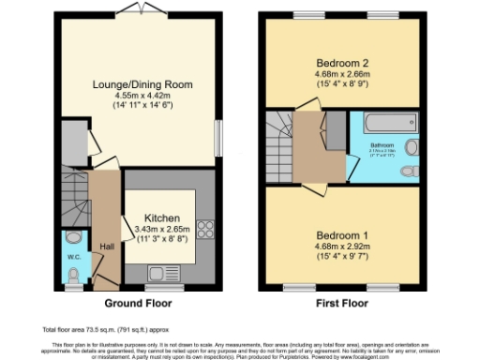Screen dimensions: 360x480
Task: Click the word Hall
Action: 107,246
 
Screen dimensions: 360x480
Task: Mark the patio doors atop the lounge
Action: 144,8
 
